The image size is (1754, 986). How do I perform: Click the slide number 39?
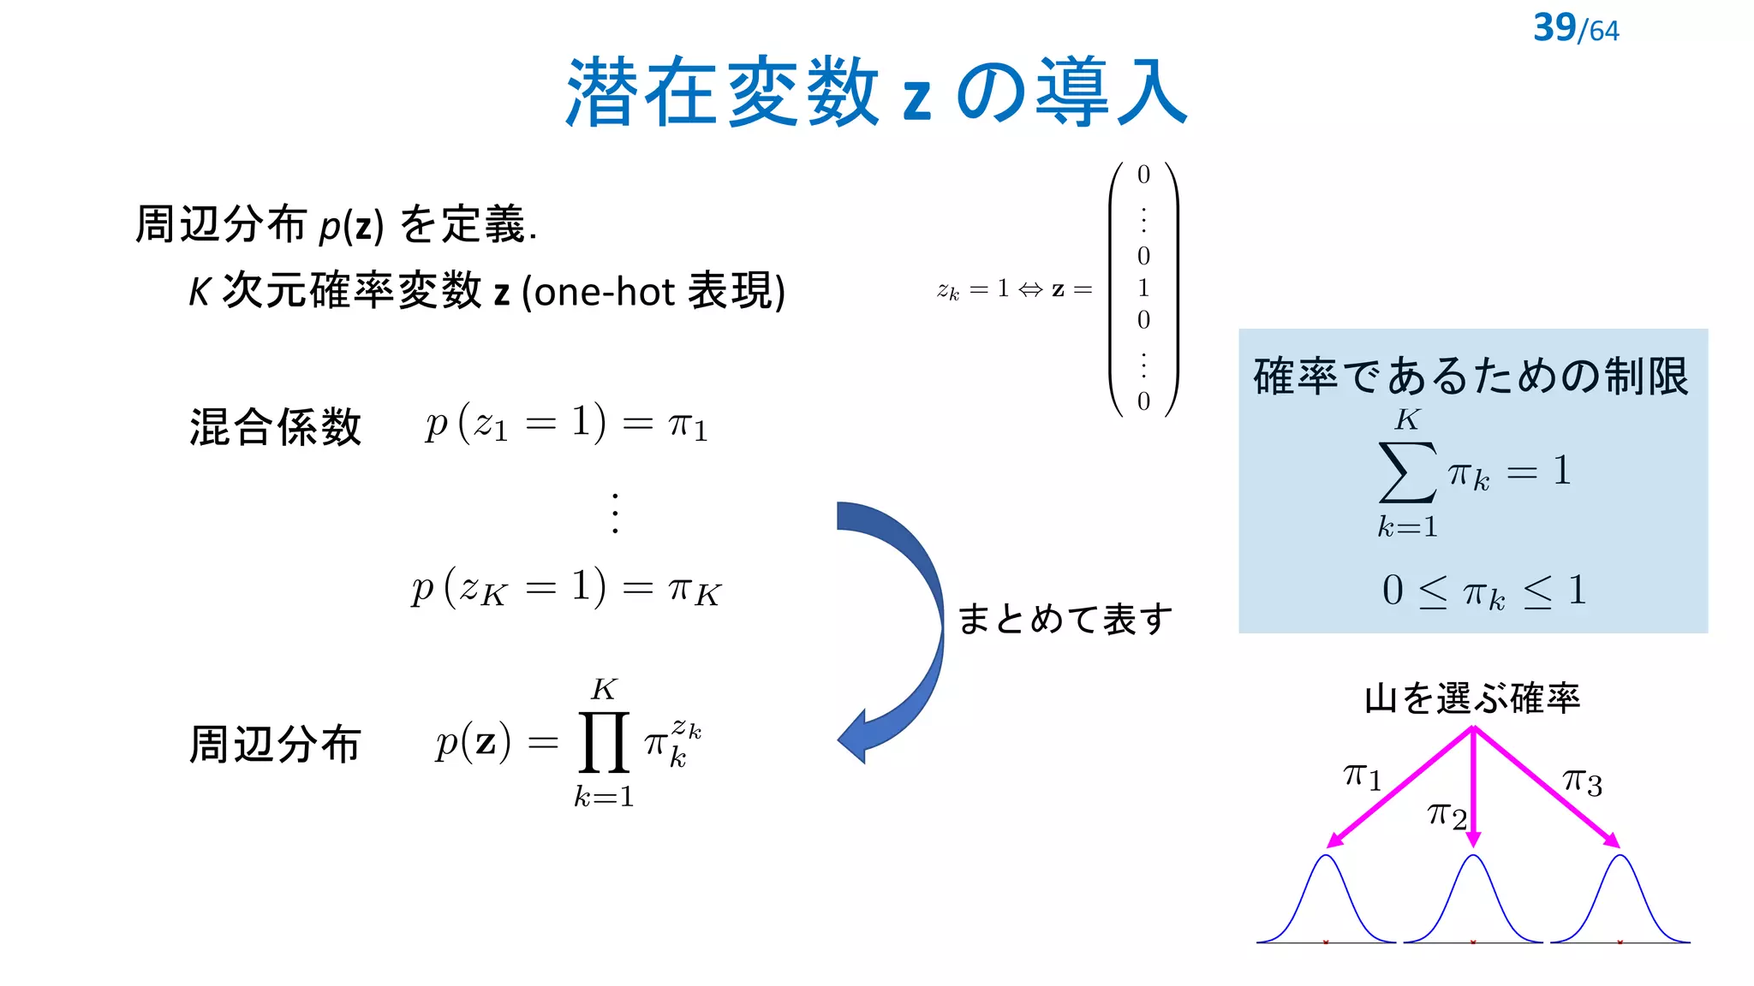pyautogui.click(x=1554, y=27)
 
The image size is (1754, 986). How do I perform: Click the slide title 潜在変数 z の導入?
pyautogui.click(x=876, y=92)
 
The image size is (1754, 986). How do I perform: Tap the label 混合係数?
pyautogui.click(x=275, y=426)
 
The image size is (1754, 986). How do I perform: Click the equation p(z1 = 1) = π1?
pyautogui.click(x=566, y=423)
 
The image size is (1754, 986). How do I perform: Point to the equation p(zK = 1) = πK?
pyautogui.click(x=566, y=588)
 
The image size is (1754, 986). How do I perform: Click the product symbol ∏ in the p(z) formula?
pyautogui.click(x=604, y=742)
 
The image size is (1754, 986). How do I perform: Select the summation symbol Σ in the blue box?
pyautogui.click(x=1406, y=472)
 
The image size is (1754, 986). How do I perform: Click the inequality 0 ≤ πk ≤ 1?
pyautogui.click(x=1484, y=591)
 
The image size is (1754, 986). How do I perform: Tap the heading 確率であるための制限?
pyautogui.click(x=1471, y=376)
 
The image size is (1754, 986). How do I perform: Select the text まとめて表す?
pyautogui.click(x=1065, y=619)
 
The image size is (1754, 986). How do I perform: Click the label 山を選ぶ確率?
pyautogui.click(x=1472, y=698)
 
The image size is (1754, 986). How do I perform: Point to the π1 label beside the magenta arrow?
pyautogui.click(x=1362, y=776)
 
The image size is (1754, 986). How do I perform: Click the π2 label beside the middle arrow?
pyautogui.click(x=1447, y=815)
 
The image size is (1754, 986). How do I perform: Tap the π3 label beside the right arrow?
pyautogui.click(x=1582, y=781)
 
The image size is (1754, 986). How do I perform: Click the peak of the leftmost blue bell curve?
pyautogui.click(x=1327, y=857)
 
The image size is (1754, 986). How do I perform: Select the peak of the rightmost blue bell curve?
pyautogui.click(x=1620, y=857)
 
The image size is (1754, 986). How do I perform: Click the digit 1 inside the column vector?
pyautogui.click(x=1143, y=288)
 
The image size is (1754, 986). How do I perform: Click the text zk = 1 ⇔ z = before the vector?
pyautogui.click(x=1014, y=290)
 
